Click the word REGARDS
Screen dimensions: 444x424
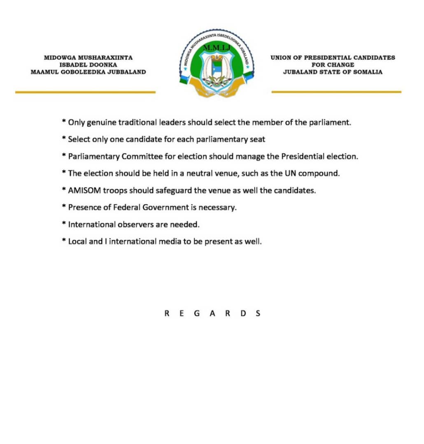[212, 313]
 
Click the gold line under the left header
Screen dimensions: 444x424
[85, 92]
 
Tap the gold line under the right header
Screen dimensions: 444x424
[336, 92]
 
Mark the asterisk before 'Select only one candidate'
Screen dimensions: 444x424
[64, 139]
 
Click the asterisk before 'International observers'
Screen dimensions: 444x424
[64, 224]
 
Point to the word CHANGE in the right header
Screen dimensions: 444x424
[340, 65]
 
